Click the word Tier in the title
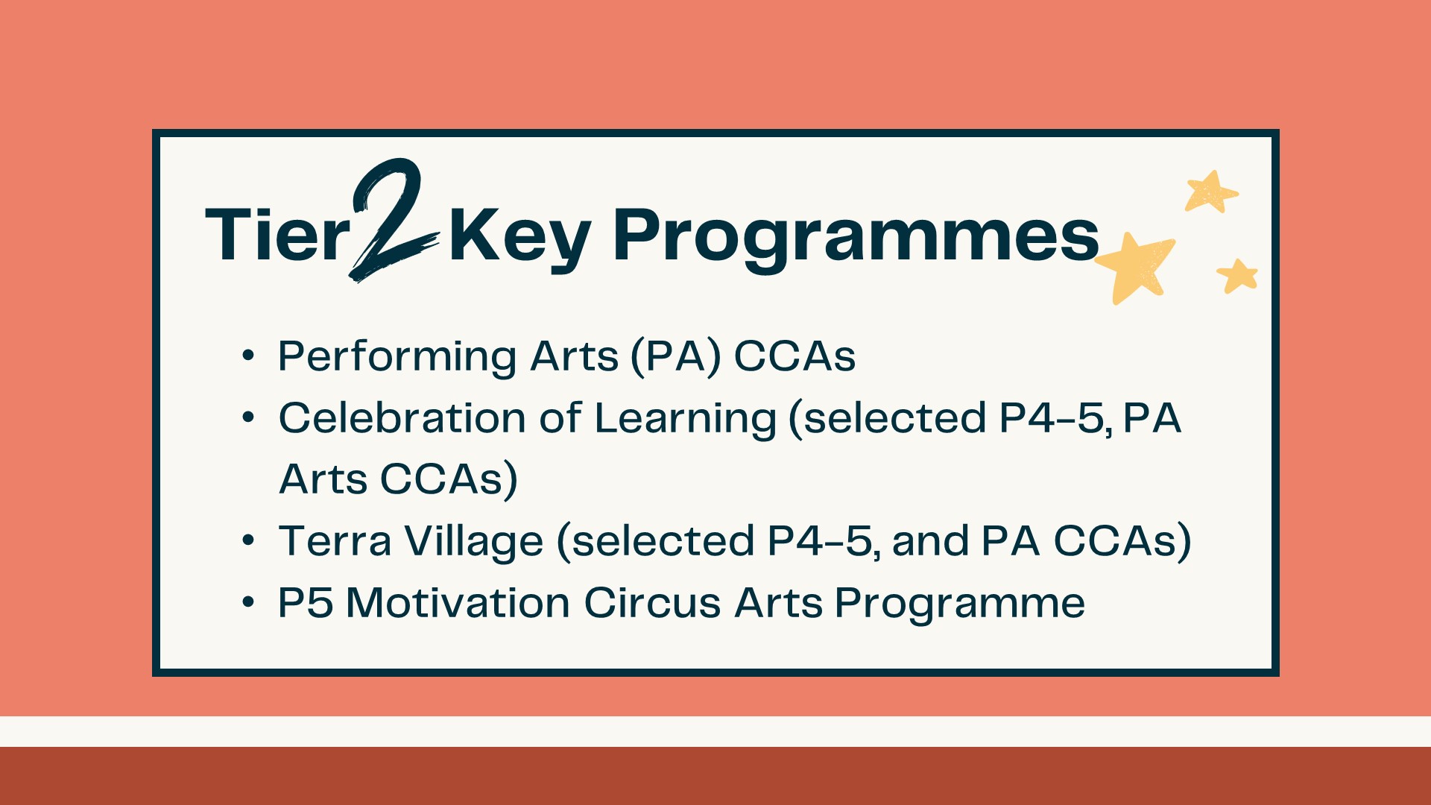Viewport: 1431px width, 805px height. coord(277,233)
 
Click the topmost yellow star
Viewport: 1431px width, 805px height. coord(1211,192)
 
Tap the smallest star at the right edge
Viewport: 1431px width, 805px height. coord(1238,276)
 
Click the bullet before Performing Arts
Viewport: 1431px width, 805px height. coord(248,356)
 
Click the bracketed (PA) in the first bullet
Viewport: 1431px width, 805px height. coord(676,357)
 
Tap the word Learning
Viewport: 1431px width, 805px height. coord(686,420)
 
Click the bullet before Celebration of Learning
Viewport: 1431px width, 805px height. coord(248,417)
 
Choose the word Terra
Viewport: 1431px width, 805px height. coord(335,541)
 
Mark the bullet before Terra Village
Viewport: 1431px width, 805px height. coord(248,540)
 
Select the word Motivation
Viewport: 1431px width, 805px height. coord(458,602)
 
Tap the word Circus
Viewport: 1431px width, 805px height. coord(652,602)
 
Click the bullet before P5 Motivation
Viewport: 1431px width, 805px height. coord(248,602)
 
